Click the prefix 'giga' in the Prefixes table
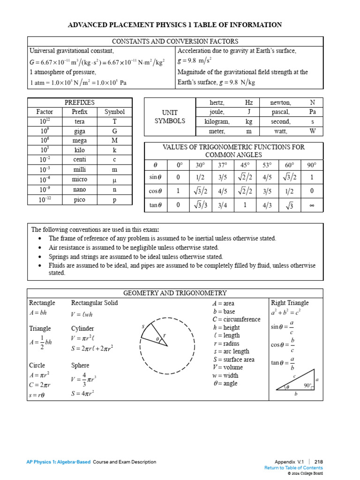pos(80,131)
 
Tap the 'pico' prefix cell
pos(80,200)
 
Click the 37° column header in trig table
pos(223,165)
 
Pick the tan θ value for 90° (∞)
pos(312,205)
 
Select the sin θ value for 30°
pos(200,177)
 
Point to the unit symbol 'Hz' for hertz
pos(249,102)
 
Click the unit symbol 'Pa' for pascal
pos(313,112)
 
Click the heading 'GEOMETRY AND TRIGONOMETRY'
pos(175,293)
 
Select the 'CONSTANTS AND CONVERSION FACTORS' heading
pos(175,41)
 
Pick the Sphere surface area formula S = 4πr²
pos(83,394)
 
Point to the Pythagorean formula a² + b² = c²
pos(285,312)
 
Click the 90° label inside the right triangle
pos(307,385)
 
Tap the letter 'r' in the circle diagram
pos(165,336)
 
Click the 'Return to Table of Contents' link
pos(293,468)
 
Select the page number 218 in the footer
pos(318,462)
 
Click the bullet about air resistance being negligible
pos(134,247)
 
